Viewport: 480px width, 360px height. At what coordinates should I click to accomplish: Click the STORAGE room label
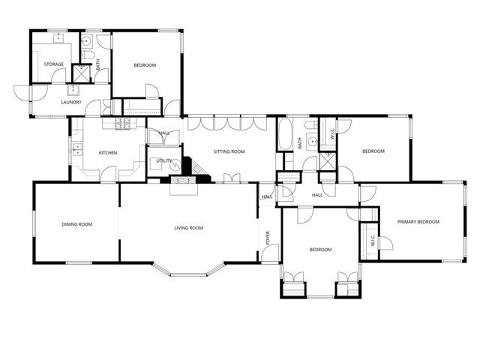coord(53,64)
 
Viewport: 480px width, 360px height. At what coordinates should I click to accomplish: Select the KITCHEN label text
coord(108,153)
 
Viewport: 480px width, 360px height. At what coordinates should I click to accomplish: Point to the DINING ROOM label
coord(76,223)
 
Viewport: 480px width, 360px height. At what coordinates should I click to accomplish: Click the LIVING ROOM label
coord(189,228)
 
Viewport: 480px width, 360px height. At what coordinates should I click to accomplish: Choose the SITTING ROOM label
coord(229,152)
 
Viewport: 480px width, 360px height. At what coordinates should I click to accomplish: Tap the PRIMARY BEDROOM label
coord(418,222)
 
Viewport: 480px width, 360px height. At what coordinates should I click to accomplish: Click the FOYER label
coord(268,238)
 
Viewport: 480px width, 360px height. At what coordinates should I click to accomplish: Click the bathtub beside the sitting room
coord(285,136)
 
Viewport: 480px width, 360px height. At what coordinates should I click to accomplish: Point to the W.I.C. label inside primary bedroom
coord(371,241)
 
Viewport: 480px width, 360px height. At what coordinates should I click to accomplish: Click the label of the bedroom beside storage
coord(145,66)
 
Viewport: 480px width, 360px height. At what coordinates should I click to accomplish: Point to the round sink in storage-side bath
coord(86,41)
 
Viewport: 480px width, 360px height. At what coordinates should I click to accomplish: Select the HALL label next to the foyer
coord(267,197)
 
